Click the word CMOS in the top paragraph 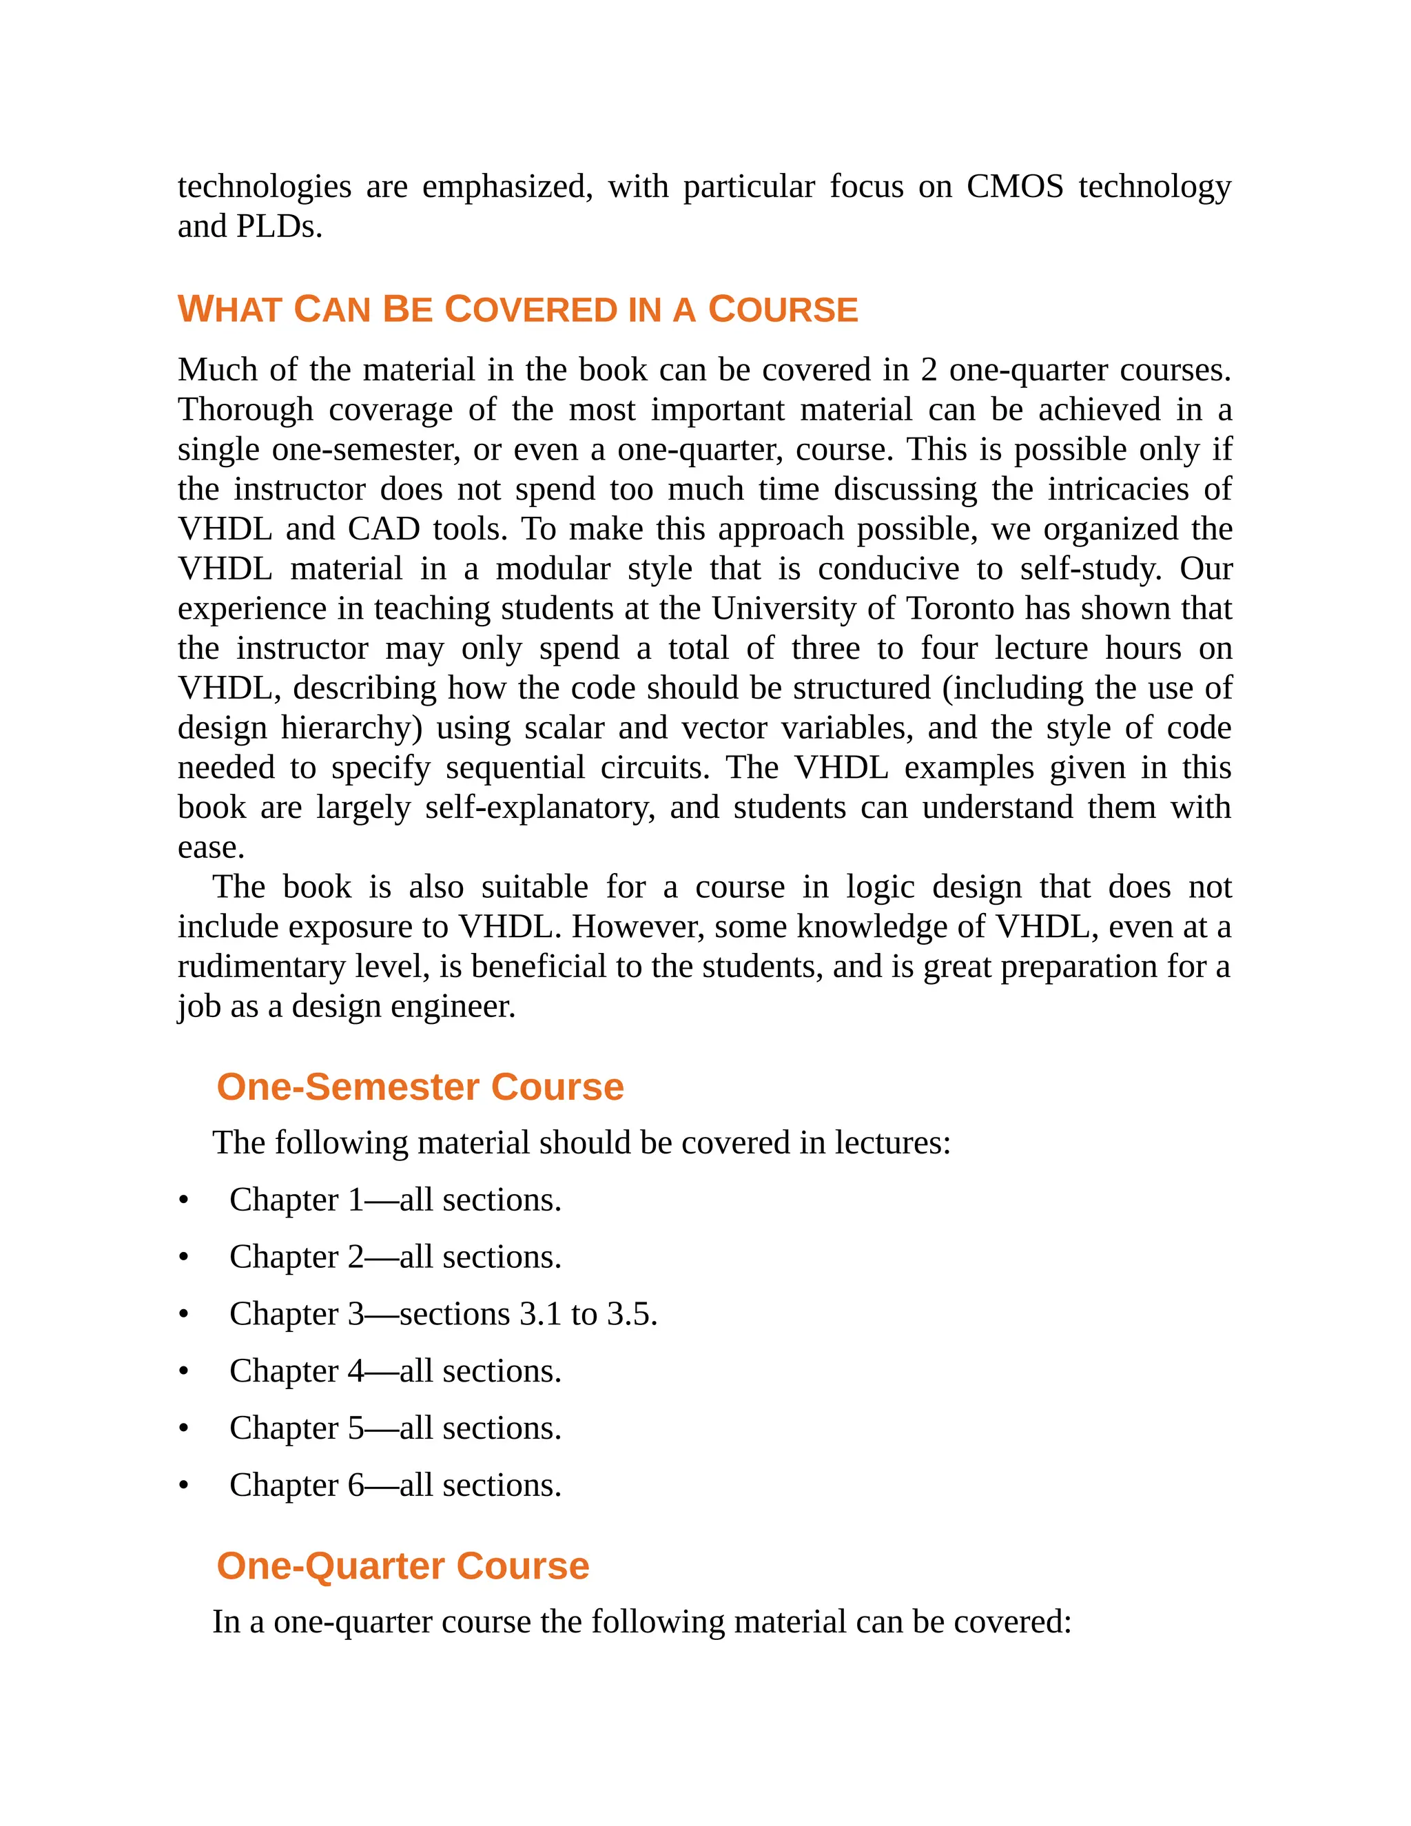point(1014,187)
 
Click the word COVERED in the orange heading point(530,310)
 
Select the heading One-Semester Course point(420,1087)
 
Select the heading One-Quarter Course point(402,1566)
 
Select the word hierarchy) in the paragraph point(352,728)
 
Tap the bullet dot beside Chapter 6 point(183,1486)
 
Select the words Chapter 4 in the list point(297,1371)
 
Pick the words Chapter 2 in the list point(297,1258)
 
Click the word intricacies point(1118,489)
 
